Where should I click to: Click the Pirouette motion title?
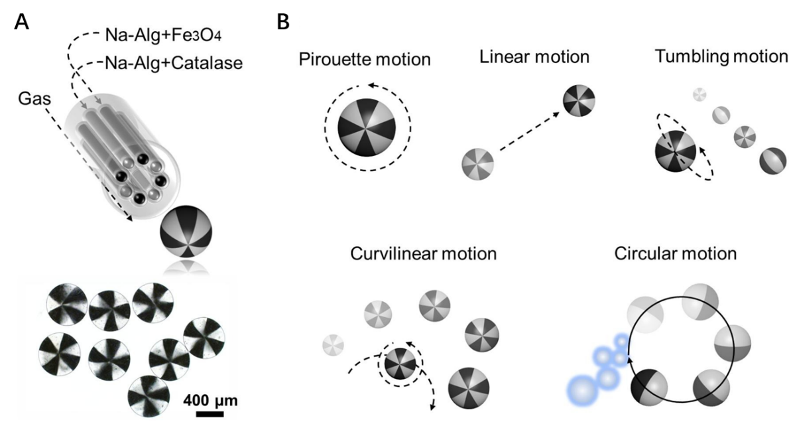coord(365,60)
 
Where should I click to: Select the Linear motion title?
coord(534,57)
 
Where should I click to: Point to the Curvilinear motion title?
coord(423,254)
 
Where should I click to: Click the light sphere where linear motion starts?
coord(478,162)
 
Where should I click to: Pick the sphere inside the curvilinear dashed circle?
coord(400,364)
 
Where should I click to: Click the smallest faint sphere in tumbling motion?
coord(699,94)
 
